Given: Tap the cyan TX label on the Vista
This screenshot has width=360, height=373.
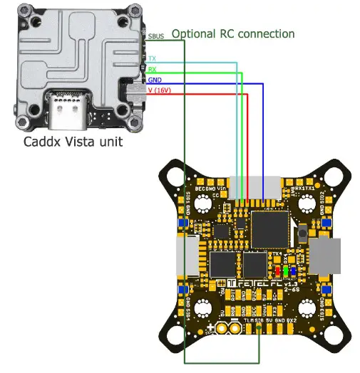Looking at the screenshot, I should pos(152,58).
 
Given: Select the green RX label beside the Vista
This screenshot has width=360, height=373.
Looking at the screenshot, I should pos(152,69).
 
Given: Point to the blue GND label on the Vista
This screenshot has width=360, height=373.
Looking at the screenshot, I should pos(154,80).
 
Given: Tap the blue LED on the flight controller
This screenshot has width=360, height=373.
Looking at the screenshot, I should pos(293,271).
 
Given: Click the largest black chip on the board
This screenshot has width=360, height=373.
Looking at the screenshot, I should pos(268,227).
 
